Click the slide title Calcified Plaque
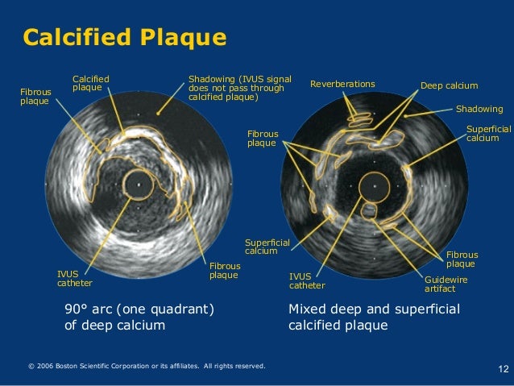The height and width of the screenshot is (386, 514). point(124,37)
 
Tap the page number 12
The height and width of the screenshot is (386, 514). point(503,369)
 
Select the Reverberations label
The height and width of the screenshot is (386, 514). point(342,84)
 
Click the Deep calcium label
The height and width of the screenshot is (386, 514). point(449,85)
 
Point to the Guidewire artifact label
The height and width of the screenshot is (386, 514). point(446,284)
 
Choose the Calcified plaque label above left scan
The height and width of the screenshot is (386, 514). point(90,82)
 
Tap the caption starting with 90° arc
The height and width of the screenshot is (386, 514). point(138,318)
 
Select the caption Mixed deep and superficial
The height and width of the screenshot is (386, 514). point(373,318)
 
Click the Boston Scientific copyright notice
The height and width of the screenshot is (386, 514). point(146,367)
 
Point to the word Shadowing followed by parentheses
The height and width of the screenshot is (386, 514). point(211,79)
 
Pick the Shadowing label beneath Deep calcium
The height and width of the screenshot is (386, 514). point(479,109)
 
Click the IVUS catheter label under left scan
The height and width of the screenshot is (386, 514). point(74,279)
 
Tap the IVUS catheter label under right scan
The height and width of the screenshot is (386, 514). point(307,281)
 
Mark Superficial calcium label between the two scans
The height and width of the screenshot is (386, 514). point(261,247)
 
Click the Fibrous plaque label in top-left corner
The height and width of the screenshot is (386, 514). point(35,97)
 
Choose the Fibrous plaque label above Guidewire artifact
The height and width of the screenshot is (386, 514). point(462,259)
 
